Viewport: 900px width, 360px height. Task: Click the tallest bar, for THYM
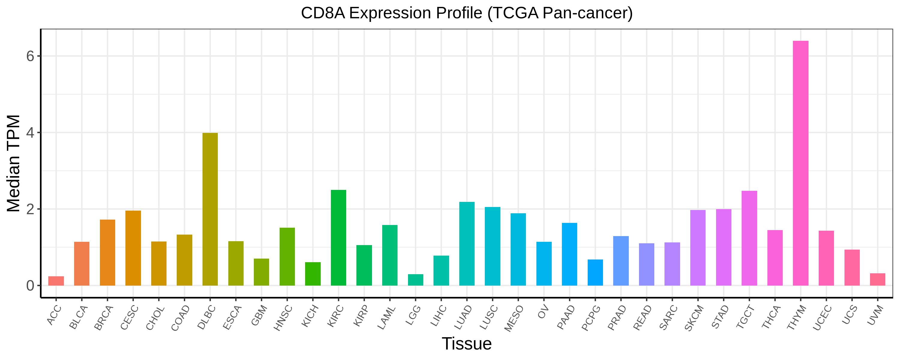(x=800, y=163)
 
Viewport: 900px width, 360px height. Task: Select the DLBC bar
(x=210, y=209)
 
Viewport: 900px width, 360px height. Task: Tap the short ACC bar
(x=56, y=281)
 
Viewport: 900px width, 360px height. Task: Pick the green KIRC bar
(x=338, y=238)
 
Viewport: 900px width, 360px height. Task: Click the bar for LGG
(x=415, y=280)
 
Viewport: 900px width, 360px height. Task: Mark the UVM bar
(x=877, y=279)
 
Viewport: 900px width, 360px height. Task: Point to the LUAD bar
(x=467, y=244)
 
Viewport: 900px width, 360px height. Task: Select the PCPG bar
(x=595, y=273)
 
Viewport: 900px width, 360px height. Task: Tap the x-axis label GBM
(x=260, y=315)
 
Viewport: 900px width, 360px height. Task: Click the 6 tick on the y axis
(x=30, y=56)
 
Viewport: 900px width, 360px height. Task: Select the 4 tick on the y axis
(x=30, y=133)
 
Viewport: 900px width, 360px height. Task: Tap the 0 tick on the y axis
(x=30, y=286)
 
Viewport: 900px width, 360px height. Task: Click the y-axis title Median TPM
(x=14, y=163)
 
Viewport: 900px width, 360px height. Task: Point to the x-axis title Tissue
(x=466, y=343)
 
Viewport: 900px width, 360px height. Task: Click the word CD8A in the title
(x=323, y=13)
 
